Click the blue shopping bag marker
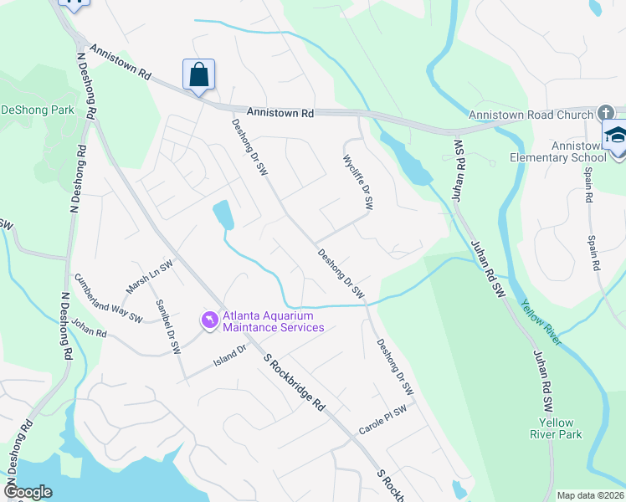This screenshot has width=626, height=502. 199,74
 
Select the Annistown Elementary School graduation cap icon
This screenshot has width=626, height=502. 615,136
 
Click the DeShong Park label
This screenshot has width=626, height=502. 37,110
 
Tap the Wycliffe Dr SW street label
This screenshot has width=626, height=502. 357,181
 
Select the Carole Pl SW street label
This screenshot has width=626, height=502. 382,417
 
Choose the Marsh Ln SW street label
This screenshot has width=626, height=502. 149,276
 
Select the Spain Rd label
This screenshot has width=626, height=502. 593,232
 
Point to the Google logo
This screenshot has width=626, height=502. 28,492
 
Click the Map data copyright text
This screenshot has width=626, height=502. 590,495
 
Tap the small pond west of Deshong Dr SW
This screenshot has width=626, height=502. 223,214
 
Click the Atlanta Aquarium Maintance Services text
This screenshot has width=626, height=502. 273,321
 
